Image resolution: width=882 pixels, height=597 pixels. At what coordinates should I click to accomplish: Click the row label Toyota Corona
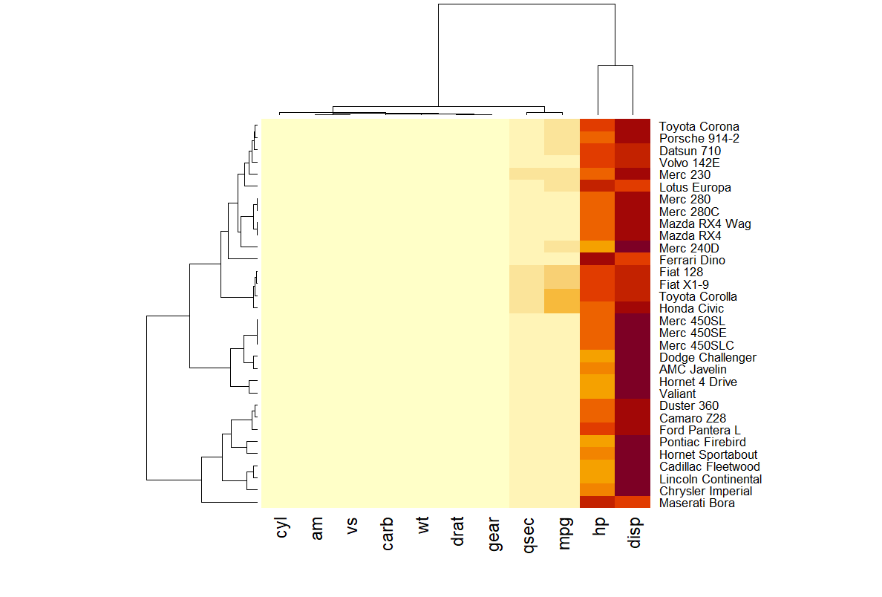click(699, 126)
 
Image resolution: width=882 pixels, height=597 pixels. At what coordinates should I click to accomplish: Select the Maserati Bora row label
click(696, 503)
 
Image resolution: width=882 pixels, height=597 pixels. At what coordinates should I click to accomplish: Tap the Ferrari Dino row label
click(692, 260)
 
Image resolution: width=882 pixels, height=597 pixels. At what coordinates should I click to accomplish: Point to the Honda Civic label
click(690, 308)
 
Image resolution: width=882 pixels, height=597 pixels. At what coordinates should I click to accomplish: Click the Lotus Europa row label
click(695, 187)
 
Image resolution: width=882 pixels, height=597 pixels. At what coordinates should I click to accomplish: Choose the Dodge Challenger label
click(708, 357)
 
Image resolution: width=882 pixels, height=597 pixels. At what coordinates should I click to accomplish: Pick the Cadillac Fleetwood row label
click(709, 467)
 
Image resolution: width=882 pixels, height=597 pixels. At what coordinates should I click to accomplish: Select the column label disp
click(633, 533)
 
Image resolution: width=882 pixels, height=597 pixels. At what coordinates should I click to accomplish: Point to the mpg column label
click(563, 533)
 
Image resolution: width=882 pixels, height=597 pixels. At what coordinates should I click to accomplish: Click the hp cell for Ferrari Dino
click(598, 260)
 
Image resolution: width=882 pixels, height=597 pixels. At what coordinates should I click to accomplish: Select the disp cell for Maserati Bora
click(633, 503)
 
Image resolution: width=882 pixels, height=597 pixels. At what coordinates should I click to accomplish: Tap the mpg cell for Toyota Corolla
click(562, 296)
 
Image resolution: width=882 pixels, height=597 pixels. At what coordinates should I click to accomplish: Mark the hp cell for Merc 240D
click(598, 247)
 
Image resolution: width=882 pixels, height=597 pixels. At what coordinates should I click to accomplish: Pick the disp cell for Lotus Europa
click(633, 186)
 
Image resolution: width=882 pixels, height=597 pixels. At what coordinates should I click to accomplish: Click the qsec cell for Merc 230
click(527, 174)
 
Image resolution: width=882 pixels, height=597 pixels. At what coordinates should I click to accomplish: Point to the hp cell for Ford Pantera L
click(598, 430)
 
